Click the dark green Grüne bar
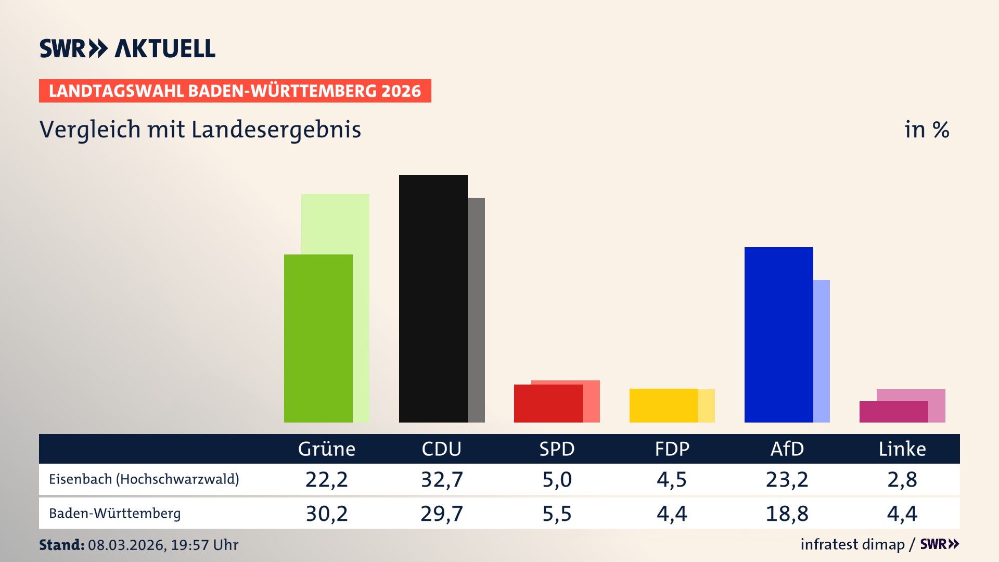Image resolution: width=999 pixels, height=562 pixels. (318, 338)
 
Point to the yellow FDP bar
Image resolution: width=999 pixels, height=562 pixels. (663, 405)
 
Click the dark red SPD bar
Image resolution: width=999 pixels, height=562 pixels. (548, 404)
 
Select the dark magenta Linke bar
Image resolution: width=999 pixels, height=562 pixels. (893, 412)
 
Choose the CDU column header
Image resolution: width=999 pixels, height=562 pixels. (441, 449)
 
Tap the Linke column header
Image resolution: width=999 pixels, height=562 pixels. (902, 449)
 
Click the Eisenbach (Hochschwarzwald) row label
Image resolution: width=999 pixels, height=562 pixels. (144, 479)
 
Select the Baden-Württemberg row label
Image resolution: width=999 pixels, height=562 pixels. (115, 514)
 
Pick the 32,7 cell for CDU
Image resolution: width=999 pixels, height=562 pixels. (441, 479)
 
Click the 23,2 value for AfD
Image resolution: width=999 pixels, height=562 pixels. (787, 479)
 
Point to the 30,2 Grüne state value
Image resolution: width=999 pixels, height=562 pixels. (326, 514)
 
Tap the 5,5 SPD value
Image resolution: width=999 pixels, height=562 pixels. (557, 514)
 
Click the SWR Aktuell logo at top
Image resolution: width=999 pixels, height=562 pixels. (127, 48)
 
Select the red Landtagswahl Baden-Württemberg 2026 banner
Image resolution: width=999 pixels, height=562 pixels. (235, 91)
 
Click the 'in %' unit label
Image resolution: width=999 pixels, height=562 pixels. (926, 130)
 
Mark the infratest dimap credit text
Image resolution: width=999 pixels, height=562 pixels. (852, 544)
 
